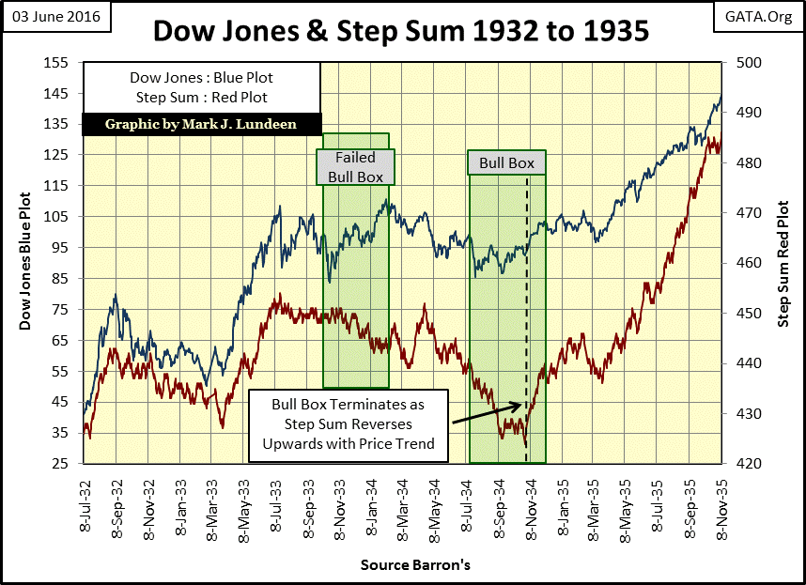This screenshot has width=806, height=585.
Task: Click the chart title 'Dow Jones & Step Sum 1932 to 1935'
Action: (x=401, y=32)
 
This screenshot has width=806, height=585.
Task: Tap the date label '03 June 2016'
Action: (x=56, y=16)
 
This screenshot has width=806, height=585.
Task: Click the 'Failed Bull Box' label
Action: (x=355, y=166)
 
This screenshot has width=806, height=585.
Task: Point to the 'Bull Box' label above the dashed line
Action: (x=506, y=162)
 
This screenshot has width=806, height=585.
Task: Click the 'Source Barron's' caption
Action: (x=402, y=565)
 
